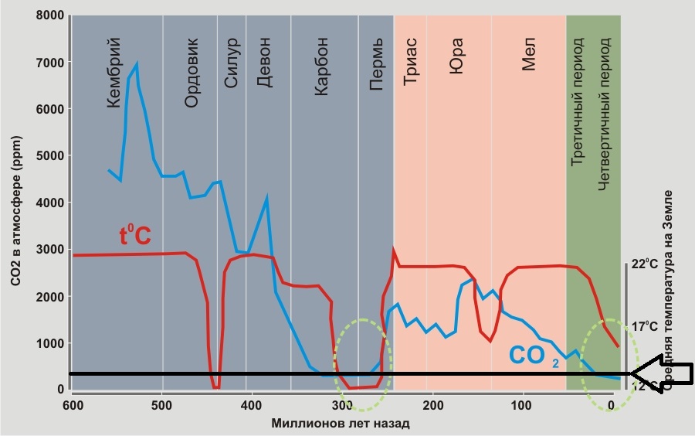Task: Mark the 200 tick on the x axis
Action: pyautogui.click(x=432, y=404)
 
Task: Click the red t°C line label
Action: pyautogui.click(x=135, y=235)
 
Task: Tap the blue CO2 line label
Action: pyautogui.click(x=533, y=356)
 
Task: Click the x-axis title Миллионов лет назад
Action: pyautogui.click(x=340, y=424)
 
